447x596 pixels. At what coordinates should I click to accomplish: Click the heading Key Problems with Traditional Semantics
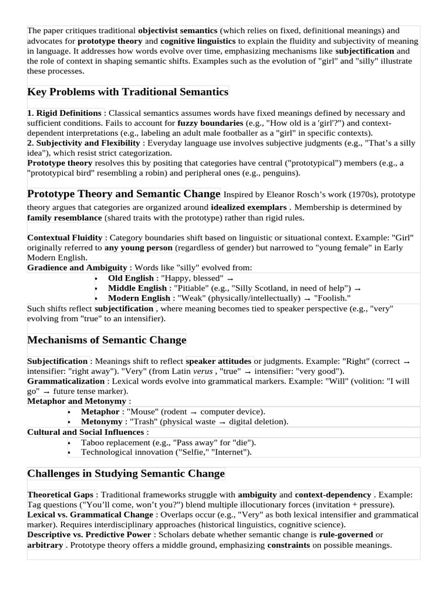(128, 92)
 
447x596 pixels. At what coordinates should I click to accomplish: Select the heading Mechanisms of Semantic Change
(107, 340)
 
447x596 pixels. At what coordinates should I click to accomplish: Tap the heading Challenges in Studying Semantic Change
(126, 474)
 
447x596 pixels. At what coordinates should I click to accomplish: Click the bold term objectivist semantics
(178, 30)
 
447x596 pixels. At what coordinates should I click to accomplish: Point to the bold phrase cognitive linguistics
(198, 41)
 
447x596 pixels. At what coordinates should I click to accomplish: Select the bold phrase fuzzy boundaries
(210, 124)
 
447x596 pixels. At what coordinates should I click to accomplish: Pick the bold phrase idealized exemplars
(249, 207)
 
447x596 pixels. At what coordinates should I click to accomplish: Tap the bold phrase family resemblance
(65, 218)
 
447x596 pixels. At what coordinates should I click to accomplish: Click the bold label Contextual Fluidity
(65, 237)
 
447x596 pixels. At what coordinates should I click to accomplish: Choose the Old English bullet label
(131, 278)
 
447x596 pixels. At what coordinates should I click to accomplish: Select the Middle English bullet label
(137, 288)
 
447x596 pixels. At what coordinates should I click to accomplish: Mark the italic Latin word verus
(203, 371)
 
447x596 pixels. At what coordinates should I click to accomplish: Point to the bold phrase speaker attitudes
(219, 361)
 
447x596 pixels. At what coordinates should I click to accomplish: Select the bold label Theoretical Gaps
(60, 495)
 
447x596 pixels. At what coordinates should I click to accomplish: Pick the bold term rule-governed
(346, 535)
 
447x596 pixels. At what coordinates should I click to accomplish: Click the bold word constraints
(289, 545)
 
